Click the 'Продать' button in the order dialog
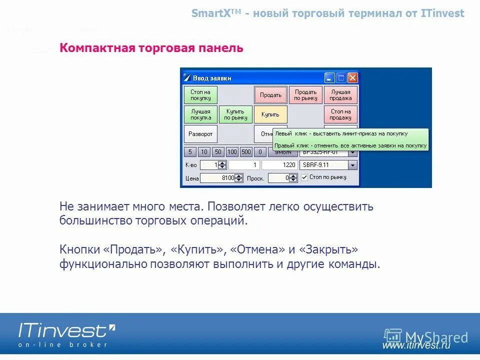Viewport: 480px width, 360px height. pos(270,95)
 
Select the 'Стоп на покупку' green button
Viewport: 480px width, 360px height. pos(200,95)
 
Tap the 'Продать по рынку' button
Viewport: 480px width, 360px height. pos(305,95)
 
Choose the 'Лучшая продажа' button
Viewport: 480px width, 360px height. pos(340,95)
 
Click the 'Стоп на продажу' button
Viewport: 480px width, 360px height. pos(340,114)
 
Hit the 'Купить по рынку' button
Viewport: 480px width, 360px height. pos(235,114)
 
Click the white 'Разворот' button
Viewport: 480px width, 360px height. pos(200,134)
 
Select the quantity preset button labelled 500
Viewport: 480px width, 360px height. pos(246,152)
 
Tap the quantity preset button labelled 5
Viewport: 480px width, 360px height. pos(190,152)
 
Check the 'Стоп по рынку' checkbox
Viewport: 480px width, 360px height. pos(304,177)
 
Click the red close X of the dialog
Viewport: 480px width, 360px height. pos(352,78)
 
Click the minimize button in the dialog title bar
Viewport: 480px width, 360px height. pos(329,78)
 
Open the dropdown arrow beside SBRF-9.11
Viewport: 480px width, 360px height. pos(352,165)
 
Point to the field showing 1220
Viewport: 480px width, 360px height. pos(279,165)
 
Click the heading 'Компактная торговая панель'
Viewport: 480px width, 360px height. pos(151,48)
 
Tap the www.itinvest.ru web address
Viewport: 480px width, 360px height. pos(416,345)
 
